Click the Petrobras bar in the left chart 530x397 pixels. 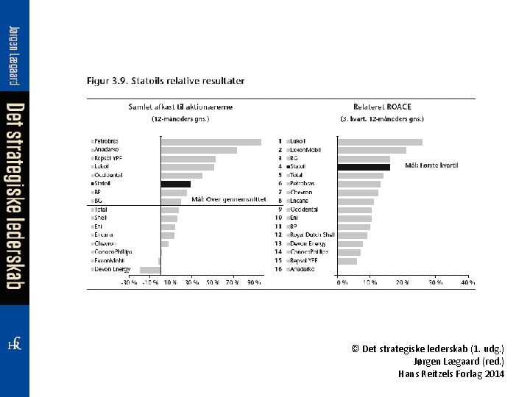point(211,142)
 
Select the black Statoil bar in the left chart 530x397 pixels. point(176,185)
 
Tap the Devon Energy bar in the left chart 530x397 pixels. point(150,270)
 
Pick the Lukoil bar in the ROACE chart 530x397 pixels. point(380,142)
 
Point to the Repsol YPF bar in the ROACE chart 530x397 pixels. point(347,261)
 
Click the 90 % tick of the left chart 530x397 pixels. point(254,282)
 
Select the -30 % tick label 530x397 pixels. point(129,282)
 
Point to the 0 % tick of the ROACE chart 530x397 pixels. point(342,282)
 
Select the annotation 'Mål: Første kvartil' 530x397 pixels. point(431,166)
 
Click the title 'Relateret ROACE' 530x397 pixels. point(382,107)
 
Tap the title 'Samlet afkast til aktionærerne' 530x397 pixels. point(180,107)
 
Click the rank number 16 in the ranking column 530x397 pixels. point(278,269)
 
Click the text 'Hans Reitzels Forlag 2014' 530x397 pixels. point(451,374)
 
